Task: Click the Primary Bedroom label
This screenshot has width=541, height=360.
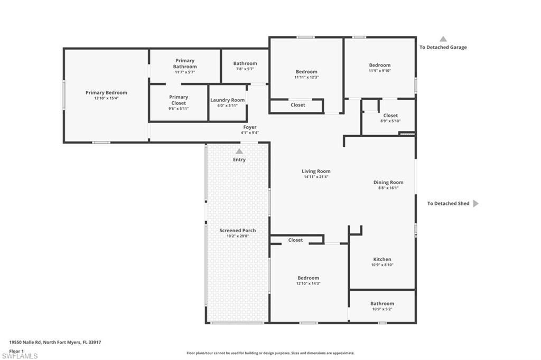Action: pyautogui.click(x=106, y=92)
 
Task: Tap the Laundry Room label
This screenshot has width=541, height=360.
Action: pyautogui.click(x=227, y=100)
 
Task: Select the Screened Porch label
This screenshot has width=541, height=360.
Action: pyautogui.click(x=238, y=231)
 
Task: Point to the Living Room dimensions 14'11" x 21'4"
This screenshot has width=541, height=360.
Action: pyautogui.click(x=316, y=177)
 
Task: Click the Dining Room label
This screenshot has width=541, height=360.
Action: pyautogui.click(x=388, y=182)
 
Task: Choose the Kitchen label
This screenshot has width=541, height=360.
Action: pyautogui.click(x=382, y=259)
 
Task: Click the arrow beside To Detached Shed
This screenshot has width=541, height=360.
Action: pyautogui.click(x=475, y=203)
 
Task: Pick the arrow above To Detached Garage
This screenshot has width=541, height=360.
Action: pyautogui.click(x=443, y=39)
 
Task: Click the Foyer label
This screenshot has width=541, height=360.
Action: pyautogui.click(x=250, y=127)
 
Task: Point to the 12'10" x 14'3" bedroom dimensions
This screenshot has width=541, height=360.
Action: pyautogui.click(x=308, y=283)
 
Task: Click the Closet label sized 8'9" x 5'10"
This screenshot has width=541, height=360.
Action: pyautogui.click(x=390, y=115)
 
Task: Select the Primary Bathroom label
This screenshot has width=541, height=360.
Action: pyautogui.click(x=185, y=64)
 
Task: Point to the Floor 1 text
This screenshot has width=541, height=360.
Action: pyautogui.click(x=16, y=350)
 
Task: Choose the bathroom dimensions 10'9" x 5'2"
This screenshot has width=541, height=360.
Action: pyautogui.click(x=382, y=309)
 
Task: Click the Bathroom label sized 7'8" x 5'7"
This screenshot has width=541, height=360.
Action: pyautogui.click(x=245, y=63)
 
